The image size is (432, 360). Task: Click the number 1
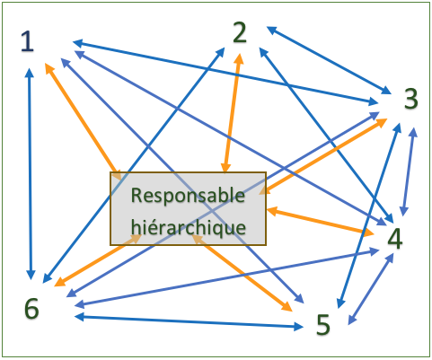coord(28,41)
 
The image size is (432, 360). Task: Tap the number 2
coord(240,32)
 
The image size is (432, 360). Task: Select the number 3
coord(411,99)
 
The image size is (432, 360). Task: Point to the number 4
coord(395,239)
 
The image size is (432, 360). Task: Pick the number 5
coord(323,325)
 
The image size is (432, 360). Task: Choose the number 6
coord(31,309)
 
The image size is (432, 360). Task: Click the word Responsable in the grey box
coord(188,196)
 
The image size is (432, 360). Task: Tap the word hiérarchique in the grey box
coord(189,227)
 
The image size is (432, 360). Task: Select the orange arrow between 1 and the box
coord(84,122)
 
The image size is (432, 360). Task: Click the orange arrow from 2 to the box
coord(232,113)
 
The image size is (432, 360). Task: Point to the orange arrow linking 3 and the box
coord(323,156)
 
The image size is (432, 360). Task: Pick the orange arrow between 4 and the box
coord(321,221)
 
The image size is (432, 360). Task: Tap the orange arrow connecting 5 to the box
coord(242,273)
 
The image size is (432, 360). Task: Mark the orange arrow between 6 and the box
coord(98,260)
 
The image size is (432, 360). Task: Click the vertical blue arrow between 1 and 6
coord(30,174)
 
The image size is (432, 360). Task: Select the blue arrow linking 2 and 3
coord(329,60)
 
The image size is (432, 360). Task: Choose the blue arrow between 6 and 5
coord(189,321)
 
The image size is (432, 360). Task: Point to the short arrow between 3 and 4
coord(409,171)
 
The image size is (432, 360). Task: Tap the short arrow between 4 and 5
coord(371,289)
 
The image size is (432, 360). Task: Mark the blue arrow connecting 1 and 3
coord(225,73)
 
